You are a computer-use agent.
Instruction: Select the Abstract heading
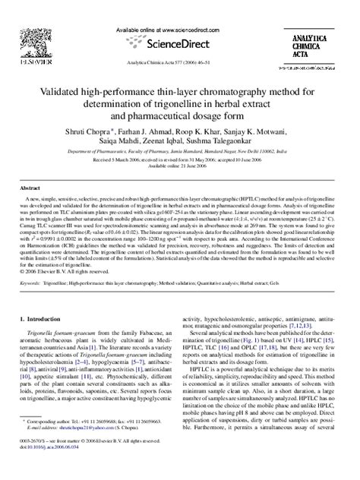coord(30,187)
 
